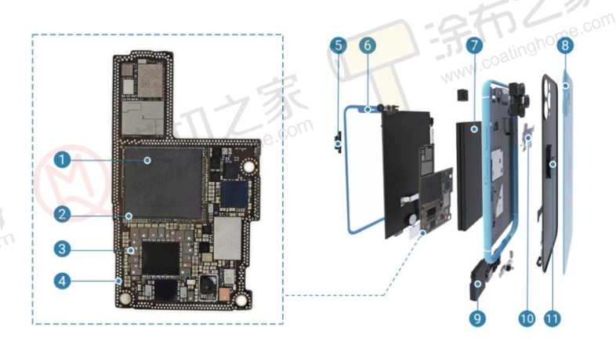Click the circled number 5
(339, 45)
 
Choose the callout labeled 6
(366, 45)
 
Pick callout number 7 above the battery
(473, 45)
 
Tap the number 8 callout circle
(564, 45)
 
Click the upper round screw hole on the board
(249, 165)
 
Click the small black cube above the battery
(460, 96)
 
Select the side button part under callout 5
(338, 142)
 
